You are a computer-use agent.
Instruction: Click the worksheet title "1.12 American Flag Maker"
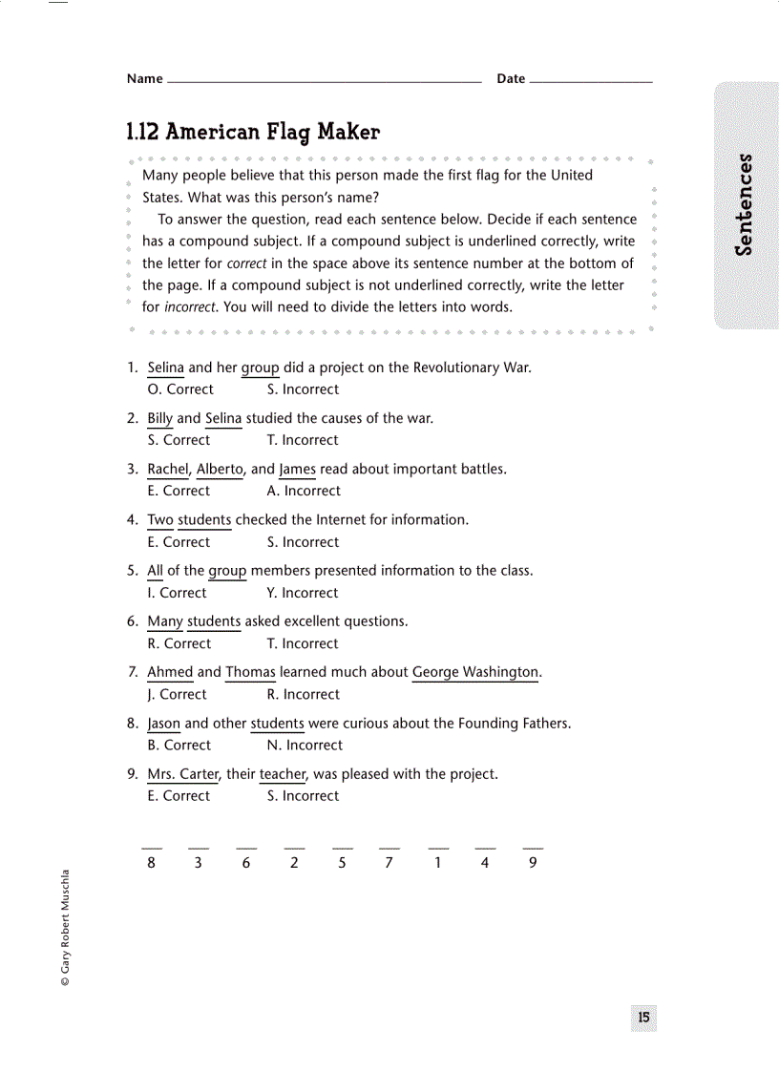[x=253, y=132]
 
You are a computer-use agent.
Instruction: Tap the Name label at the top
[x=144, y=79]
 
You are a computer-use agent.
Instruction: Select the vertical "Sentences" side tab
[x=745, y=204]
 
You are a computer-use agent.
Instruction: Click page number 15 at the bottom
[x=643, y=1018]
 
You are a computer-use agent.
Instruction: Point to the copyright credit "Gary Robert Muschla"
[x=65, y=927]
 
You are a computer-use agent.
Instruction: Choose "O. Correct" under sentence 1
[x=180, y=389]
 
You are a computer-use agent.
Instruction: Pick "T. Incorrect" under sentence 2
[x=303, y=440]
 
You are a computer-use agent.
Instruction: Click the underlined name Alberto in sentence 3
[x=220, y=469]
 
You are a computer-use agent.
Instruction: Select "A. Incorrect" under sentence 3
[x=304, y=491]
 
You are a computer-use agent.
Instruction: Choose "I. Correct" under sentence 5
[x=177, y=593]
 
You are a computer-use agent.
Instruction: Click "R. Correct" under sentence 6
[x=179, y=643]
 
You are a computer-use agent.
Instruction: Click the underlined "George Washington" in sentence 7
[x=475, y=672]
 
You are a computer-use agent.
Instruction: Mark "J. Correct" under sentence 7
[x=177, y=694]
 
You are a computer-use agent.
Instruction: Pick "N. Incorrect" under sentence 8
[x=305, y=746]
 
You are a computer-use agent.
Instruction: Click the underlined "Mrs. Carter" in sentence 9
[x=183, y=774]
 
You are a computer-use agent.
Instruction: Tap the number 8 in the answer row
[x=151, y=863]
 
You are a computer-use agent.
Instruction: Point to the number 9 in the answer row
[x=533, y=863]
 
